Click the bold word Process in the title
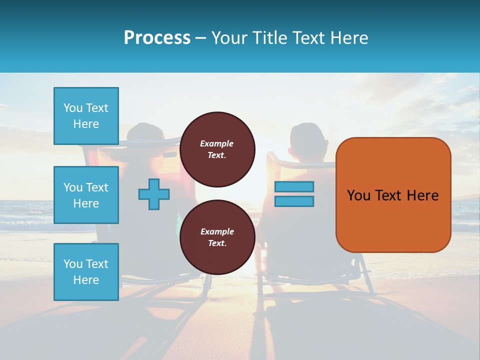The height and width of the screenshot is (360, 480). [157, 38]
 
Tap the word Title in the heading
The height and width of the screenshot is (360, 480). [270, 38]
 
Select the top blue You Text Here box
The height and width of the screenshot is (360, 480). [86, 116]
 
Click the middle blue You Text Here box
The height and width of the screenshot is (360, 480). [86, 195]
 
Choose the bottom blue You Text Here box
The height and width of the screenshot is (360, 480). [86, 271]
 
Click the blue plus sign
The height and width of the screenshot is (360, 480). [154, 194]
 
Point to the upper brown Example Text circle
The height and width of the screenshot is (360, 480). [217, 149]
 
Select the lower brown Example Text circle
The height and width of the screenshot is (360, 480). [217, 237]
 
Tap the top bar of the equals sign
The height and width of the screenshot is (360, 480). [294, 186]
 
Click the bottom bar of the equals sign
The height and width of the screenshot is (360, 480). [294, 201]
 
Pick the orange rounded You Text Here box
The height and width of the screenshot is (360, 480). [393, 195]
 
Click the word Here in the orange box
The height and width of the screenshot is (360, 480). [422, 195]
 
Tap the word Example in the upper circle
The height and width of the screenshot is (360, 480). [217, 143]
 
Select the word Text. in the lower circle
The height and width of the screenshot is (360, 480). [217, 243]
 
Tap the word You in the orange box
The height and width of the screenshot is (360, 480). [358, 195]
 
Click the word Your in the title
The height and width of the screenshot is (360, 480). [230, 38]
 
